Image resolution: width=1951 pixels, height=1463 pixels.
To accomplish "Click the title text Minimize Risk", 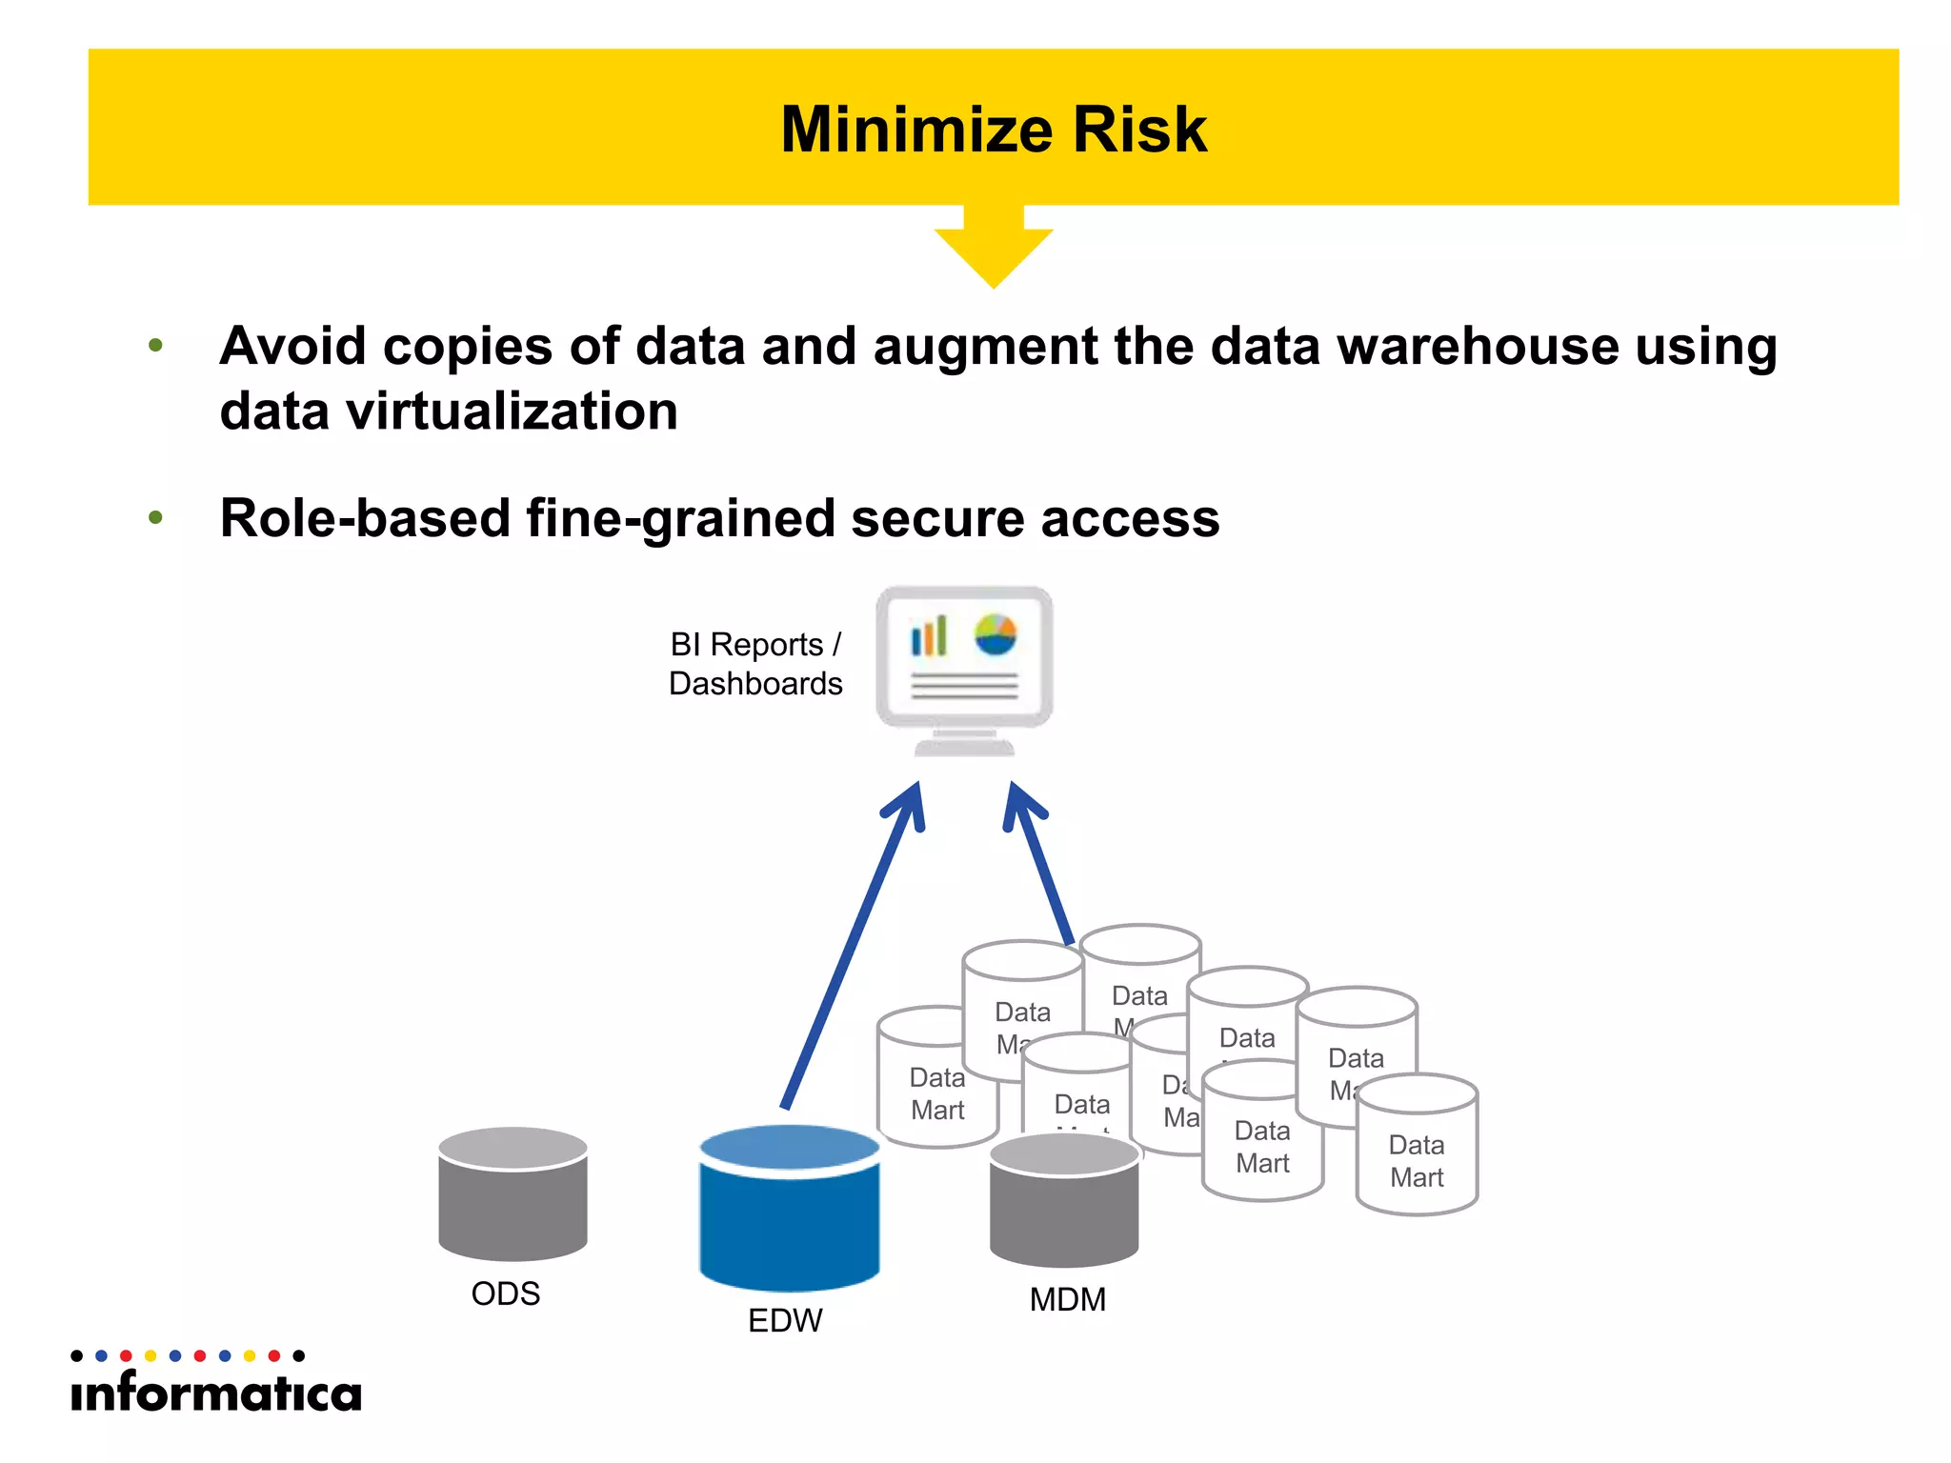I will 993,130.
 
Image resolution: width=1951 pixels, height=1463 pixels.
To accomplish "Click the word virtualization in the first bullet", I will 512,411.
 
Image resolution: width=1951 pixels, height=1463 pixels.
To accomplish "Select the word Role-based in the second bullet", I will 365,519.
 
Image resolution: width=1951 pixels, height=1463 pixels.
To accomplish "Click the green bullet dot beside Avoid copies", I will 156,346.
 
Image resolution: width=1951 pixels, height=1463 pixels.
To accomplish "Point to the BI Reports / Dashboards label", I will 755,664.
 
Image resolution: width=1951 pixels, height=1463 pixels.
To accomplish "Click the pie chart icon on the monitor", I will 996,634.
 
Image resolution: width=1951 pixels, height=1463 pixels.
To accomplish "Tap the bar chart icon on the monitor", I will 929,636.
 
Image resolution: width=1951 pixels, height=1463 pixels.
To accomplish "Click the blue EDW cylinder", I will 789,1214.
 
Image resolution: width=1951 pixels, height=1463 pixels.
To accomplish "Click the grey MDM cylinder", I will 1064,1205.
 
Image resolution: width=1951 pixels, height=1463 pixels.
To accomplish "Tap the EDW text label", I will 785,1320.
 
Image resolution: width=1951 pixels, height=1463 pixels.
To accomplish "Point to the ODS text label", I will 506,1293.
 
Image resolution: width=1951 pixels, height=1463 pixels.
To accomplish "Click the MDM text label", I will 1068,1299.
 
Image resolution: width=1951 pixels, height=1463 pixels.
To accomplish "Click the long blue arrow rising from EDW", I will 850,952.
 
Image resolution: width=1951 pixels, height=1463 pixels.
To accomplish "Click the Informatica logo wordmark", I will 216,1393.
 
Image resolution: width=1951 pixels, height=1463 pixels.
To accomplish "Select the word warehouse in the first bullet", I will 1478,346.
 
